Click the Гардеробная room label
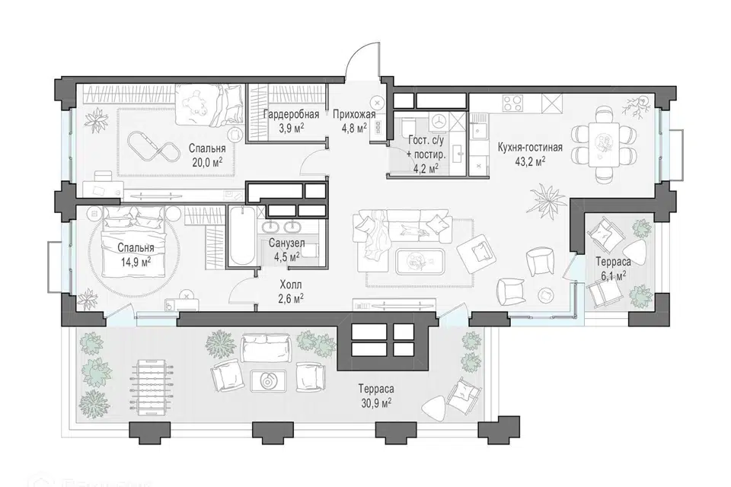click(x=291, y=114)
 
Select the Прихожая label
click(x=354, y=114)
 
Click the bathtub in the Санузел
click(x=241, y=236)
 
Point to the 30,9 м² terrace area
click(x=375, y=402)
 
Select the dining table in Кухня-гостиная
click(x=604, y=145)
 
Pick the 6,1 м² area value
click(x=612, y=276)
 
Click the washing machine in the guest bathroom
click(x=438, y=120)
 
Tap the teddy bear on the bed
click(x=195, y=102)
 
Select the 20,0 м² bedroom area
click(x=207, y=162)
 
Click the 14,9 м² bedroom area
click(x=136, y=262)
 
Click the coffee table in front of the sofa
click(x=419, y=262)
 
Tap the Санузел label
click(x=287, y=243)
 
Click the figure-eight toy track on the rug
click(x=151, y=145)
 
